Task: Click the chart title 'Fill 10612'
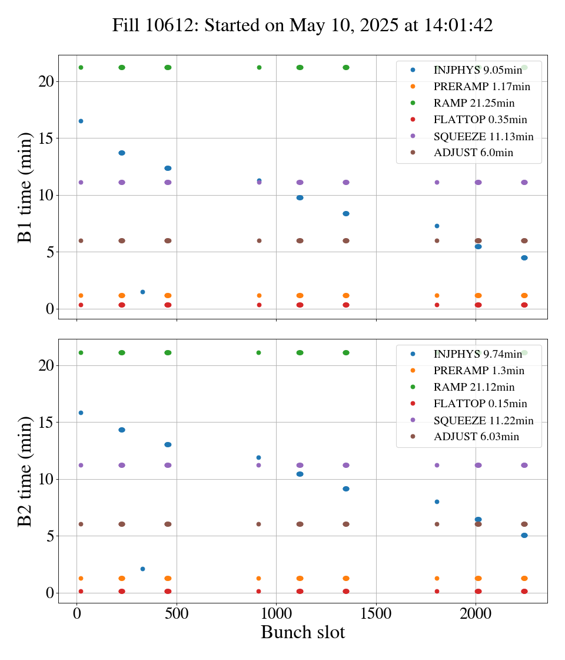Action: tap(303, 25)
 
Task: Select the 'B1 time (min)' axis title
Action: tap(25, 187)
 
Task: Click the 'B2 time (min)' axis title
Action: tap(25, 471)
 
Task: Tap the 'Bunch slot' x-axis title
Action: tap(303, 632)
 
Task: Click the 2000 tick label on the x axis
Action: tap(476, 613)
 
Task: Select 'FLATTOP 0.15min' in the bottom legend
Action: tap(480, 404)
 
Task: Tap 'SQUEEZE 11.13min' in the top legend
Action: tap(483, 137)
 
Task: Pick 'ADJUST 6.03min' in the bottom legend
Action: tap(476, 437)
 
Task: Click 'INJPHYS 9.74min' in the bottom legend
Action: tap(477, 354)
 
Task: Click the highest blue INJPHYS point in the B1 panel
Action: tap(81, 121)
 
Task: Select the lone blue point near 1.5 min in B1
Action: tap(142, 292)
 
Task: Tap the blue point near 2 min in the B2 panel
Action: tap(142, 569)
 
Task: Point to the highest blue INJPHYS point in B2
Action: tap(81, 412)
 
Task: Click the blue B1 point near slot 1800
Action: tap(437, 226)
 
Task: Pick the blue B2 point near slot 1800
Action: tap(437, 501)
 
